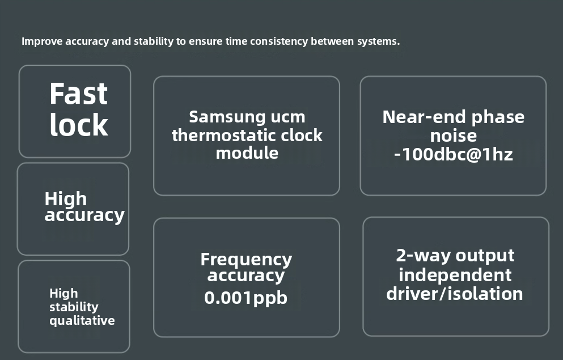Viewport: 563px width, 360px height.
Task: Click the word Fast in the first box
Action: tap(78, 94)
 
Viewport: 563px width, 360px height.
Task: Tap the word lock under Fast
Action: tap(78, 125)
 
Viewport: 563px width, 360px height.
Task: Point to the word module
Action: tap(247, 153)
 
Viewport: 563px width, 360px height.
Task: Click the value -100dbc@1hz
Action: tap(453, 154)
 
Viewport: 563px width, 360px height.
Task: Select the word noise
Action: tap(453, 136)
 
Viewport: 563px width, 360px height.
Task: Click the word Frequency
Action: tap(246, 260)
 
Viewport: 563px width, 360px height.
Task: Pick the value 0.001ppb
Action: tap(246, 298)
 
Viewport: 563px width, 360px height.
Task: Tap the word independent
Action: tap(455, 275)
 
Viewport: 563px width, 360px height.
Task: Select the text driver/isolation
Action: tap(455, 294)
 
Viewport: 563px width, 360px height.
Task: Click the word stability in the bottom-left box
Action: tap(74, 307)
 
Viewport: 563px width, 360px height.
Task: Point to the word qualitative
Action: tap(82, 321)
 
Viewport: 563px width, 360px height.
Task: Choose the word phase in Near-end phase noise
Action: tap(496, 117)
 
